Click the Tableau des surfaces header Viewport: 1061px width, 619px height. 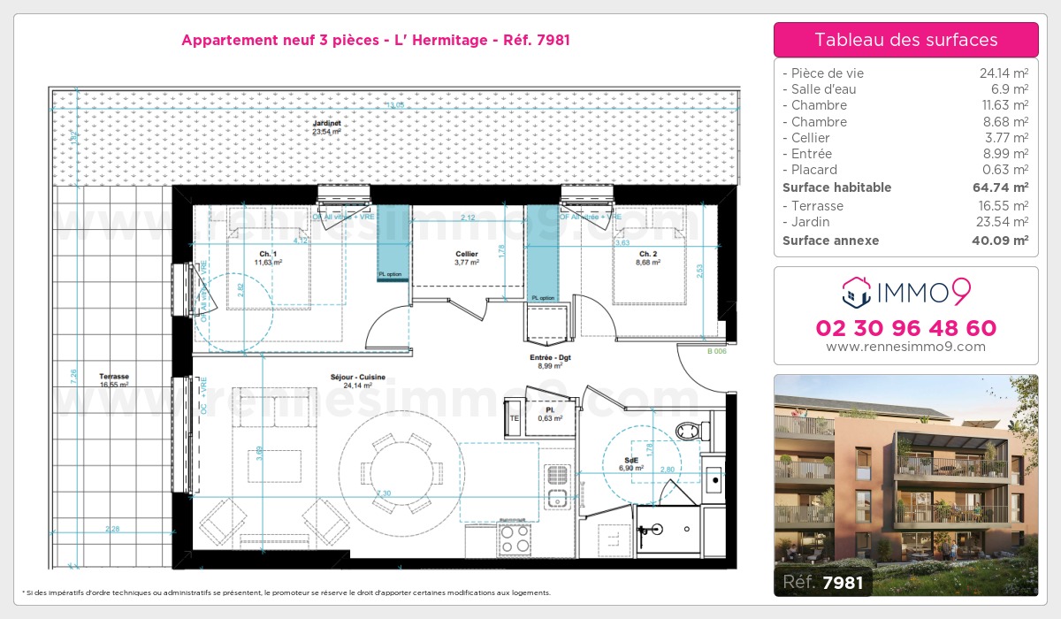pos(905,40)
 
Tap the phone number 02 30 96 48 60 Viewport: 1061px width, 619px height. pos(905,328)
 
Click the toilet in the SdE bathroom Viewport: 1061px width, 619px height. pos(689,431)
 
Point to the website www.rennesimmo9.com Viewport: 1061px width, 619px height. pos(905,347)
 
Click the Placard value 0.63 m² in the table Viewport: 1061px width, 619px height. pos(1008,170)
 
